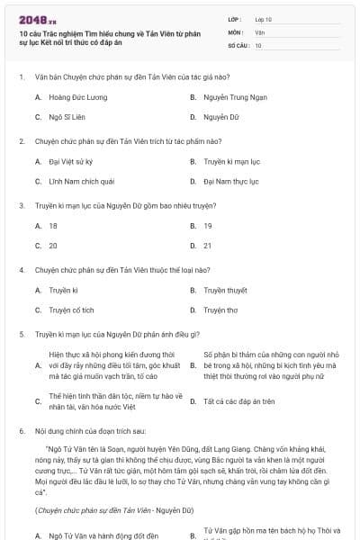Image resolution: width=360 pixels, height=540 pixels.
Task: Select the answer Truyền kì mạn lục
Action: coord(231,161)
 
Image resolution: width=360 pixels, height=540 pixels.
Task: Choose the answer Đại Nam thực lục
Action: coord(231,182)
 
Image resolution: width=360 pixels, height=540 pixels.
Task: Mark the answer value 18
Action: coord(53,226)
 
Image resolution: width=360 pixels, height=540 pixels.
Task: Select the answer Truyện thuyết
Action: coord(225,290)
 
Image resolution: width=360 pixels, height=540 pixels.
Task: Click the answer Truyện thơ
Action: coord(220,310)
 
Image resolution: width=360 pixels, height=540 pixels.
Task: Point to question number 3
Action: coord(22,206)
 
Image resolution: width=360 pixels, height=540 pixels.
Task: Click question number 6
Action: coord(22,431)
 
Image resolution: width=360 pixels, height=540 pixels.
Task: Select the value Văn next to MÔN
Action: coord(259,31)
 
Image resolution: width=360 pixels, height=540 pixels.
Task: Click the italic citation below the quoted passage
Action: coord(114,510)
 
